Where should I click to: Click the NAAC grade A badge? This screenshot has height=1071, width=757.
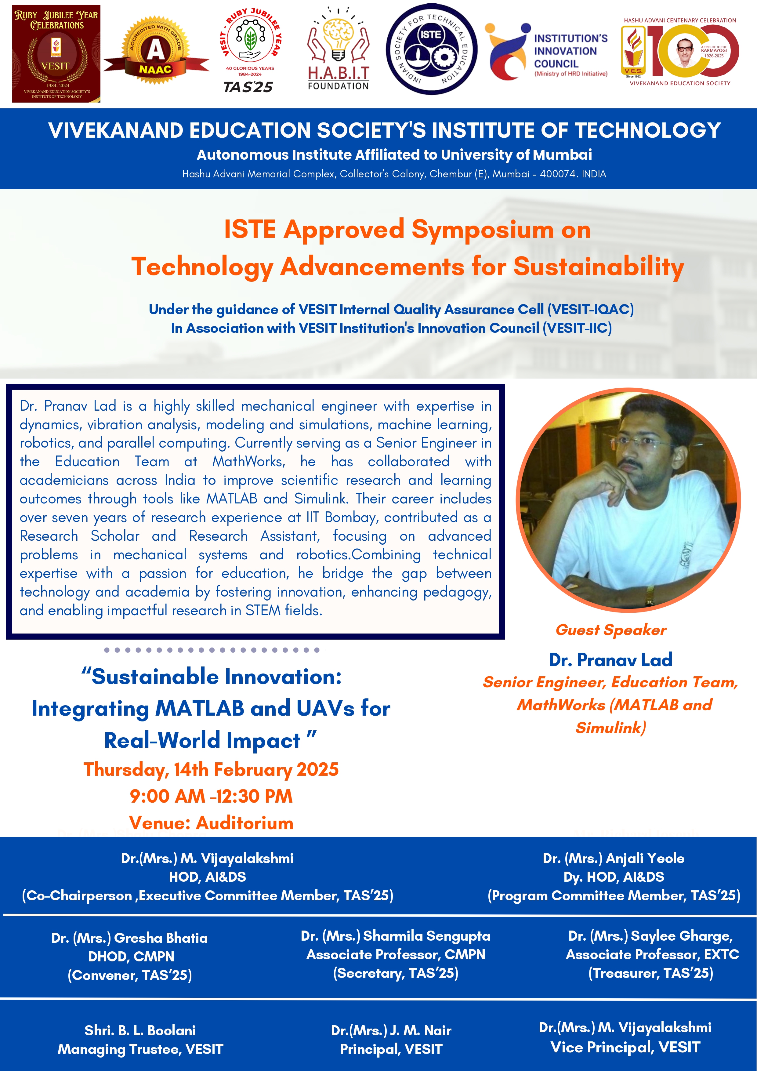pos(156,51)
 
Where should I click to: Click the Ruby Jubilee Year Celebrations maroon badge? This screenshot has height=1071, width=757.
pos(56,54)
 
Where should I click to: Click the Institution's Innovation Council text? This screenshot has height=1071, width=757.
pos(571,51)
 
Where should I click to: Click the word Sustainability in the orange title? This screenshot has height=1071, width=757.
pos(599,267)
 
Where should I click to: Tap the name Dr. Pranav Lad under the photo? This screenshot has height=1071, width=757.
pos(610,659)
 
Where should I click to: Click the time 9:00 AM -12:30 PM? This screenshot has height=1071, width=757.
pos(211,796)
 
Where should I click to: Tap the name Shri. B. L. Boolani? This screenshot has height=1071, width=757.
pos(140,1030)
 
